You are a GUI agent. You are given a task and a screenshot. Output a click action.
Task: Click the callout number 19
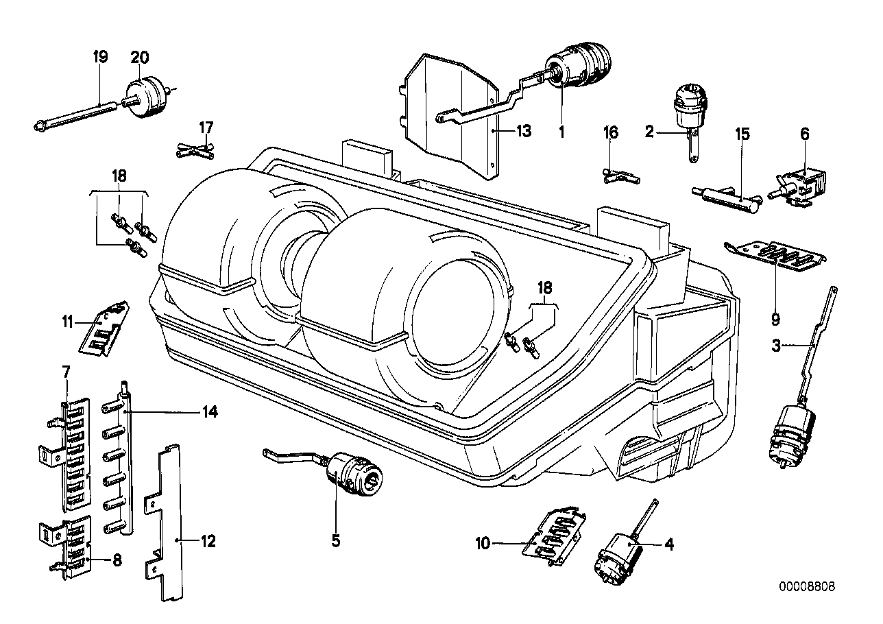tap(100, 57)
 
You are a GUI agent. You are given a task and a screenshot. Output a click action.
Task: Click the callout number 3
tap(775, 346)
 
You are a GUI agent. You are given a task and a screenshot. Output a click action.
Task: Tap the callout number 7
tap(66, 372)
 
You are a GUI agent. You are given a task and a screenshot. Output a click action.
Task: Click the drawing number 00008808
tap(806, 587)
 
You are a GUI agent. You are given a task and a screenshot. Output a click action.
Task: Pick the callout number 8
tap(117, 560)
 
